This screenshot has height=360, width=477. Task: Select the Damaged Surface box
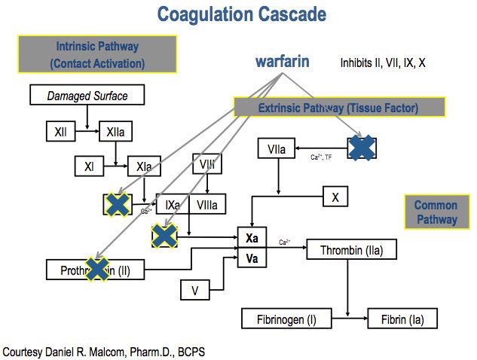click(x=87, y=96)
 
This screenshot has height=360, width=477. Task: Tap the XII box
click(x=60, y=132)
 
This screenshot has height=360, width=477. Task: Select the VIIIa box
click(x=207, y=204)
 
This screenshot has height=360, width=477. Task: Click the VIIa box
click(x=276, y=150)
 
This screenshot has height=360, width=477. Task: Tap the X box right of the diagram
click(x=335, y=197)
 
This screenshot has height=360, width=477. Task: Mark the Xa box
click(x=252, y=238)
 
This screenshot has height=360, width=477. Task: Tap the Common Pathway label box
click(x=436, y=212)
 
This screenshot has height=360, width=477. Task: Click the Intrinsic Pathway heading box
click(x=97, y=55)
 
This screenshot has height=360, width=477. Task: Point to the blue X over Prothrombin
click(x=97, y=268)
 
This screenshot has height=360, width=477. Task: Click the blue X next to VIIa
click(x=362, y=148)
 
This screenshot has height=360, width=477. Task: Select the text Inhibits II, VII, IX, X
click(x=384, y=63)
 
